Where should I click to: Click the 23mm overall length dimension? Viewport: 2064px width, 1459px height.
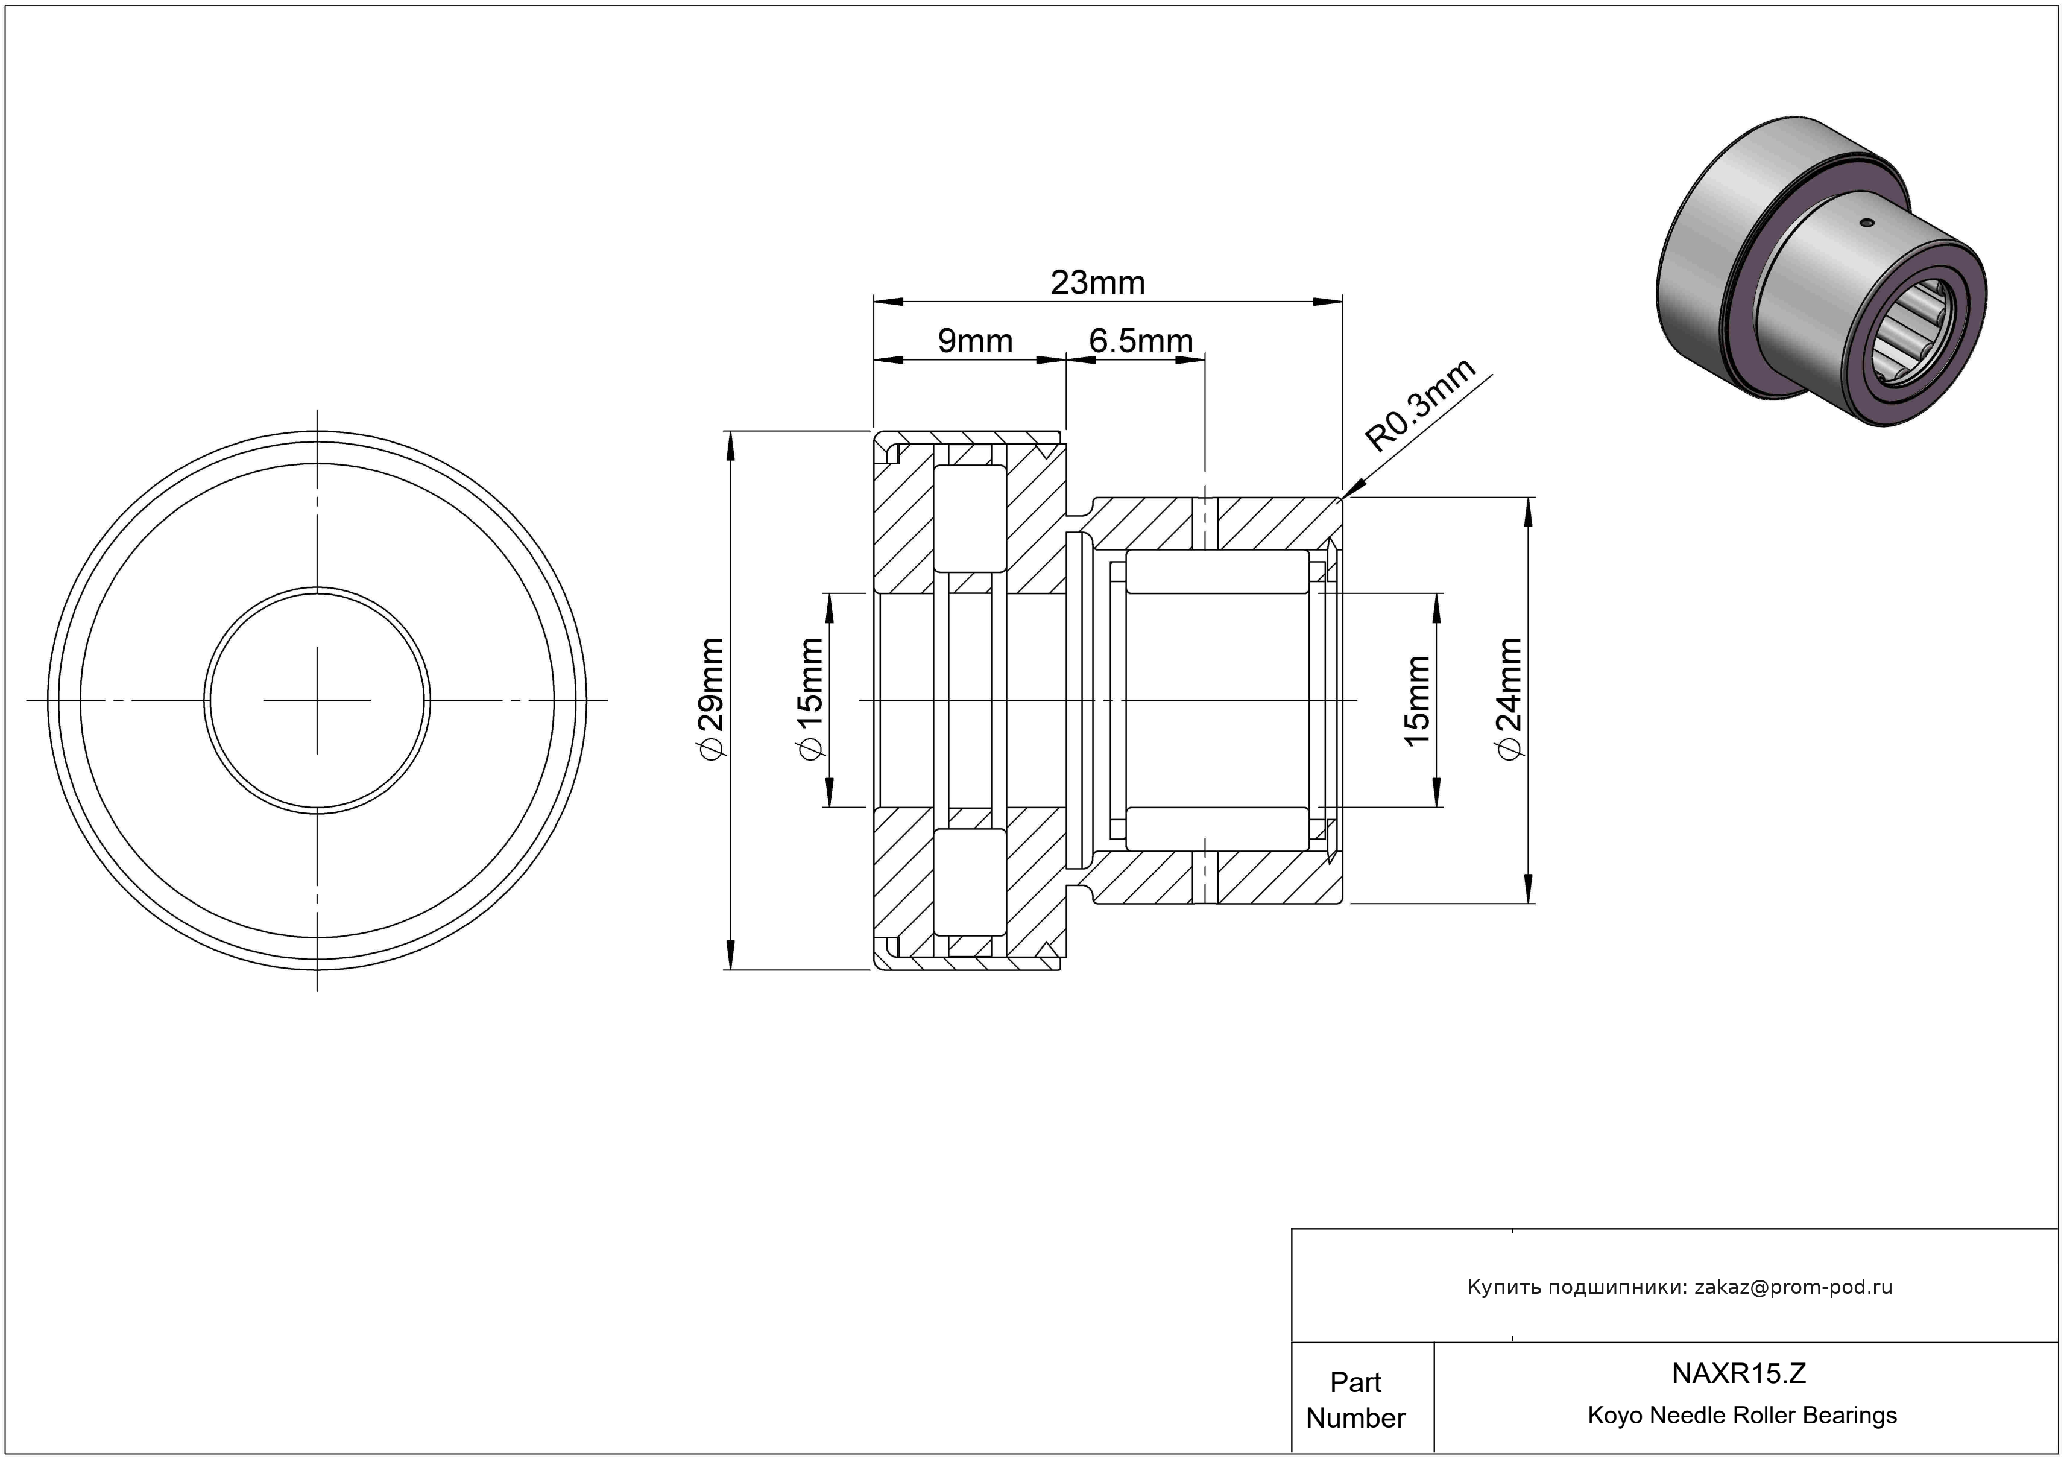[1097, 283]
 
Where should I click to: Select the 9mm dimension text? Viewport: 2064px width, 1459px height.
[976, 341]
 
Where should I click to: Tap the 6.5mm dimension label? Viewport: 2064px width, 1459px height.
[1141, 341]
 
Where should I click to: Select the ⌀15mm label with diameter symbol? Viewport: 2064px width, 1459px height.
[809, 700]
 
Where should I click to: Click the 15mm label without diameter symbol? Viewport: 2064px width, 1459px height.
[1417, 700]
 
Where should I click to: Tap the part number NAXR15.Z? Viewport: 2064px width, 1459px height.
[1738, 1373]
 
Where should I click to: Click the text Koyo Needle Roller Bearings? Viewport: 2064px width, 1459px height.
[1742, 1415]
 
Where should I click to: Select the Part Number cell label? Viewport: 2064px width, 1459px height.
[1355, 1400]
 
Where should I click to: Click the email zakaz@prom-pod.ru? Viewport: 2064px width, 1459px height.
[1793, 1287]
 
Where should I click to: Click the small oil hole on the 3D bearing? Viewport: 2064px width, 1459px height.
[1867, 222]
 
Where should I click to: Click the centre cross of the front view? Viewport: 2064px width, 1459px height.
[317, 700]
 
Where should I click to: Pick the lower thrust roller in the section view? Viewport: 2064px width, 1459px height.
[971, 882]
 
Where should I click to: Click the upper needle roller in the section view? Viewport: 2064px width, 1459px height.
[1217, 572]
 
